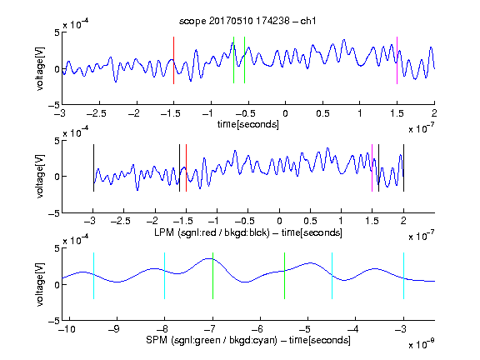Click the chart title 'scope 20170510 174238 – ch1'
pos(247,21)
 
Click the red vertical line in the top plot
pos(173,60)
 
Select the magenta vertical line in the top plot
pos(397,60)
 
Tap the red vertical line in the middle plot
pos(186,168)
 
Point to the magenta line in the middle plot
pos(372,168)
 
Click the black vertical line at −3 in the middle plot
pos(93,168)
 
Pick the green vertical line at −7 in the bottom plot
pos(212,276)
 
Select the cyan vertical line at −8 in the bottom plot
pos(164,276)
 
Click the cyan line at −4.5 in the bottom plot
pos(332,276)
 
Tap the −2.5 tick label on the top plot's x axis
pos(97,113)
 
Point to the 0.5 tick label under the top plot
pos(322,113)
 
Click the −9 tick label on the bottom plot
pos(114,329)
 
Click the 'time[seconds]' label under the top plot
pos(248,124)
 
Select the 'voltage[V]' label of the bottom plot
pos(40,284)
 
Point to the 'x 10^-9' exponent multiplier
pos(421,344)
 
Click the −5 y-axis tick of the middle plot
pos(54,213)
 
